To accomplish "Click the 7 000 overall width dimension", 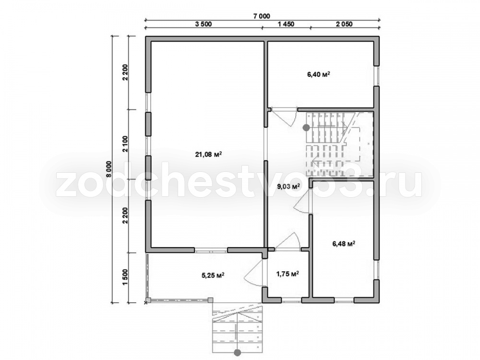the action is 262,16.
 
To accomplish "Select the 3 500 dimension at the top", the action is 203,24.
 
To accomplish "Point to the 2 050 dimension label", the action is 344,24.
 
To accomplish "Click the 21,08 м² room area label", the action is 208,154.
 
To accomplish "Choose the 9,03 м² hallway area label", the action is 288,186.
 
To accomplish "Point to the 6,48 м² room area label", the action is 344,244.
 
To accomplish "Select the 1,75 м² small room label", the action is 288,274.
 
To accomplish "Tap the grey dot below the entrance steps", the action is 237,353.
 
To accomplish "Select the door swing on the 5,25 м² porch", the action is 252,273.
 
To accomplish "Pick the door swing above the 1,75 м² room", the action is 288,240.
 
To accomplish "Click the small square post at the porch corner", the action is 210,300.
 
